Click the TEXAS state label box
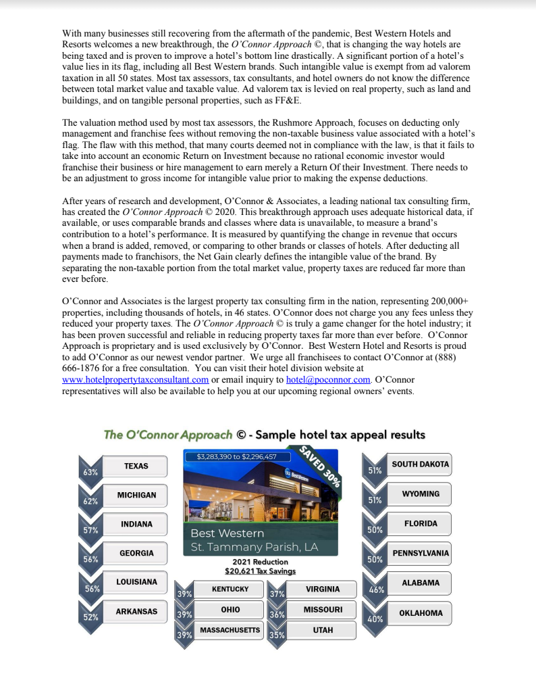[136, 466]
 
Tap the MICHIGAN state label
[136, 495]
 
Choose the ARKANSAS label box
[136, 611]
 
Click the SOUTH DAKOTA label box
[420, 464]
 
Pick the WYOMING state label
[420, 494]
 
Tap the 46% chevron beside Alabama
[376, 590]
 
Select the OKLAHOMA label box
[420, 613]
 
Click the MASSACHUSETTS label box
[230, 630]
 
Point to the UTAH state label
[322, 630]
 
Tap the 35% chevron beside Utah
[277, 635]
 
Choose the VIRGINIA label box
[322, 589]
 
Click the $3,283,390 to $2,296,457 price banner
[236, 456]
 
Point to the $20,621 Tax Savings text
[260, 571]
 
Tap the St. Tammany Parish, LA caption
[254, 546]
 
